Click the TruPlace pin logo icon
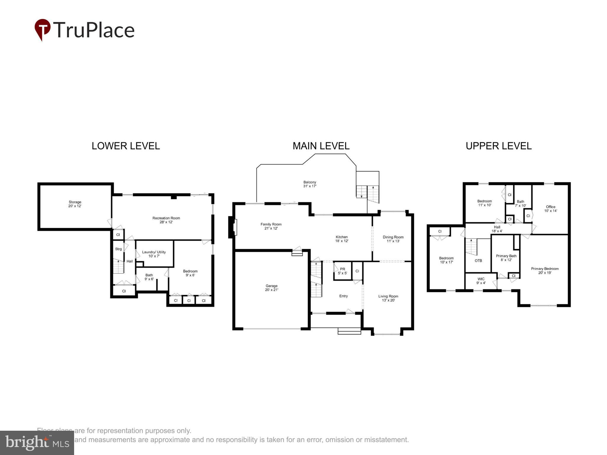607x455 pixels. [x=43, y=29]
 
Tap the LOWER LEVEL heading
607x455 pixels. [x=126, y=146]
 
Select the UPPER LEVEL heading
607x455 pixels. [x=499, y=146]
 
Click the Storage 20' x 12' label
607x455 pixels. [x=75, y=204]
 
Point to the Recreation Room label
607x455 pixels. [x=166, y=220]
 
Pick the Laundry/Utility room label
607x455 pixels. [x=154, y=254]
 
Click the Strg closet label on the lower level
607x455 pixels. [x=118, y=249]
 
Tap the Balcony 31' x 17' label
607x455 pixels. [x=310, y=184]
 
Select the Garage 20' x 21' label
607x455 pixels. [x=271, y=288]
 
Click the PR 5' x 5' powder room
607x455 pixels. [x=342, y=271]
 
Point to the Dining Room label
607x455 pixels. [x=393, y=239]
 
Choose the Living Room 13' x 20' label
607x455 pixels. [x=388, y=298]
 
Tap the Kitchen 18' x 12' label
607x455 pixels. [x=341, y=239]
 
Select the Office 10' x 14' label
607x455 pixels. [x=550, y=209]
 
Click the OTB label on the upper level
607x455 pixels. [x=478, y=261]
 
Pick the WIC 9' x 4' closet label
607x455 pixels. [x=481, y=281]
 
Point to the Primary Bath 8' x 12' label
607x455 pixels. [x=506, y=258]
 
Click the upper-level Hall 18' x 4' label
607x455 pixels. [x=497, y=229]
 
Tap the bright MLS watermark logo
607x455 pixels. [x=37, y=443]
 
